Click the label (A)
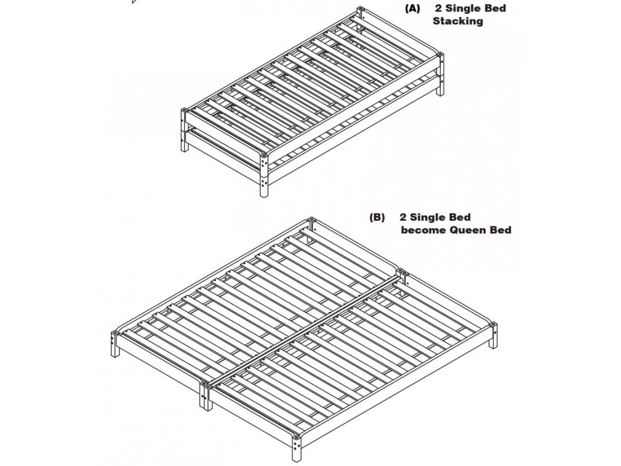click(412, 8)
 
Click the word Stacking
click(458, 21)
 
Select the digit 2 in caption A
click(438, 8)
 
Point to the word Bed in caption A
click(495, 8)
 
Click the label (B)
click(377, 217)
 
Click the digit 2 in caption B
click(403, 217)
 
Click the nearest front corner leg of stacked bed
click(264, 176)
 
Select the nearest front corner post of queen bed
click(297, 447)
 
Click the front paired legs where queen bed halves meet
click(204, 395)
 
